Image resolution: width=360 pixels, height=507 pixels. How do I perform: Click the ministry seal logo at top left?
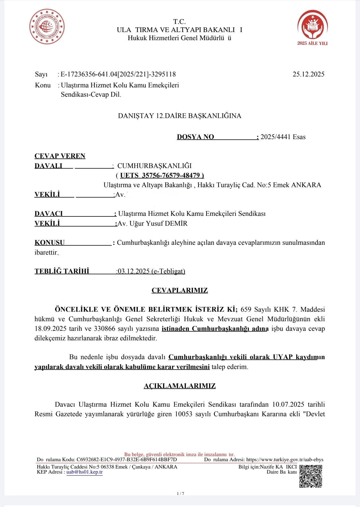(47, 27)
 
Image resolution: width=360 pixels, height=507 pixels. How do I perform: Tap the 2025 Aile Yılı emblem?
(312, 27)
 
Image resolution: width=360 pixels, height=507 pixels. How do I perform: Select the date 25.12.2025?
(308, 74)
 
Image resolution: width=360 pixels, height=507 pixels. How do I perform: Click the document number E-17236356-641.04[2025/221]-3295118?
(118, 74)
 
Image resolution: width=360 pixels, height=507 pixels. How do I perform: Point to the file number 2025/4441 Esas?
(283, 137)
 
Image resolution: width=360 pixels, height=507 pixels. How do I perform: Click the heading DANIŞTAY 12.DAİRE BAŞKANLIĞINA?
(179, 116)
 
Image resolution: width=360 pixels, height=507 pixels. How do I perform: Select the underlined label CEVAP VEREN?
(60, 156)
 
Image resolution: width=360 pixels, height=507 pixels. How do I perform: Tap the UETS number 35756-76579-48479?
(171, 175)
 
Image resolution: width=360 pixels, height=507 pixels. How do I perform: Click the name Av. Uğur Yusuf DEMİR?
(152, 223)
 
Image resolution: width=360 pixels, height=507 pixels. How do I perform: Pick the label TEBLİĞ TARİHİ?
(62, 271)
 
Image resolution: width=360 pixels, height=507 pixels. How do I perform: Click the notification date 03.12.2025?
(134, 271)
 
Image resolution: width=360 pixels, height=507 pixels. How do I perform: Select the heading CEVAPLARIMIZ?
(179, 290)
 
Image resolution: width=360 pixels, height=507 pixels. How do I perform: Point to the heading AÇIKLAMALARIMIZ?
(179, 386)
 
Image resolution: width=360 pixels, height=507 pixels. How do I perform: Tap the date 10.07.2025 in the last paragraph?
(288, 404)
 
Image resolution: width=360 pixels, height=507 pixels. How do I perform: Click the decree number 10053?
(183, 414)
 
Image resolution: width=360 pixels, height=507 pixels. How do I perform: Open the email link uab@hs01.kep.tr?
(84, 472)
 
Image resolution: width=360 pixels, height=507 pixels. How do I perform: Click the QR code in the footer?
(310, 476)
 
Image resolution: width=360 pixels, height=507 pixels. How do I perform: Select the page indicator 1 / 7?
(180, 494)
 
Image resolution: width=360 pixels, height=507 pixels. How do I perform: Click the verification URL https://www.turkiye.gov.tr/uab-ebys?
(285, 460)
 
